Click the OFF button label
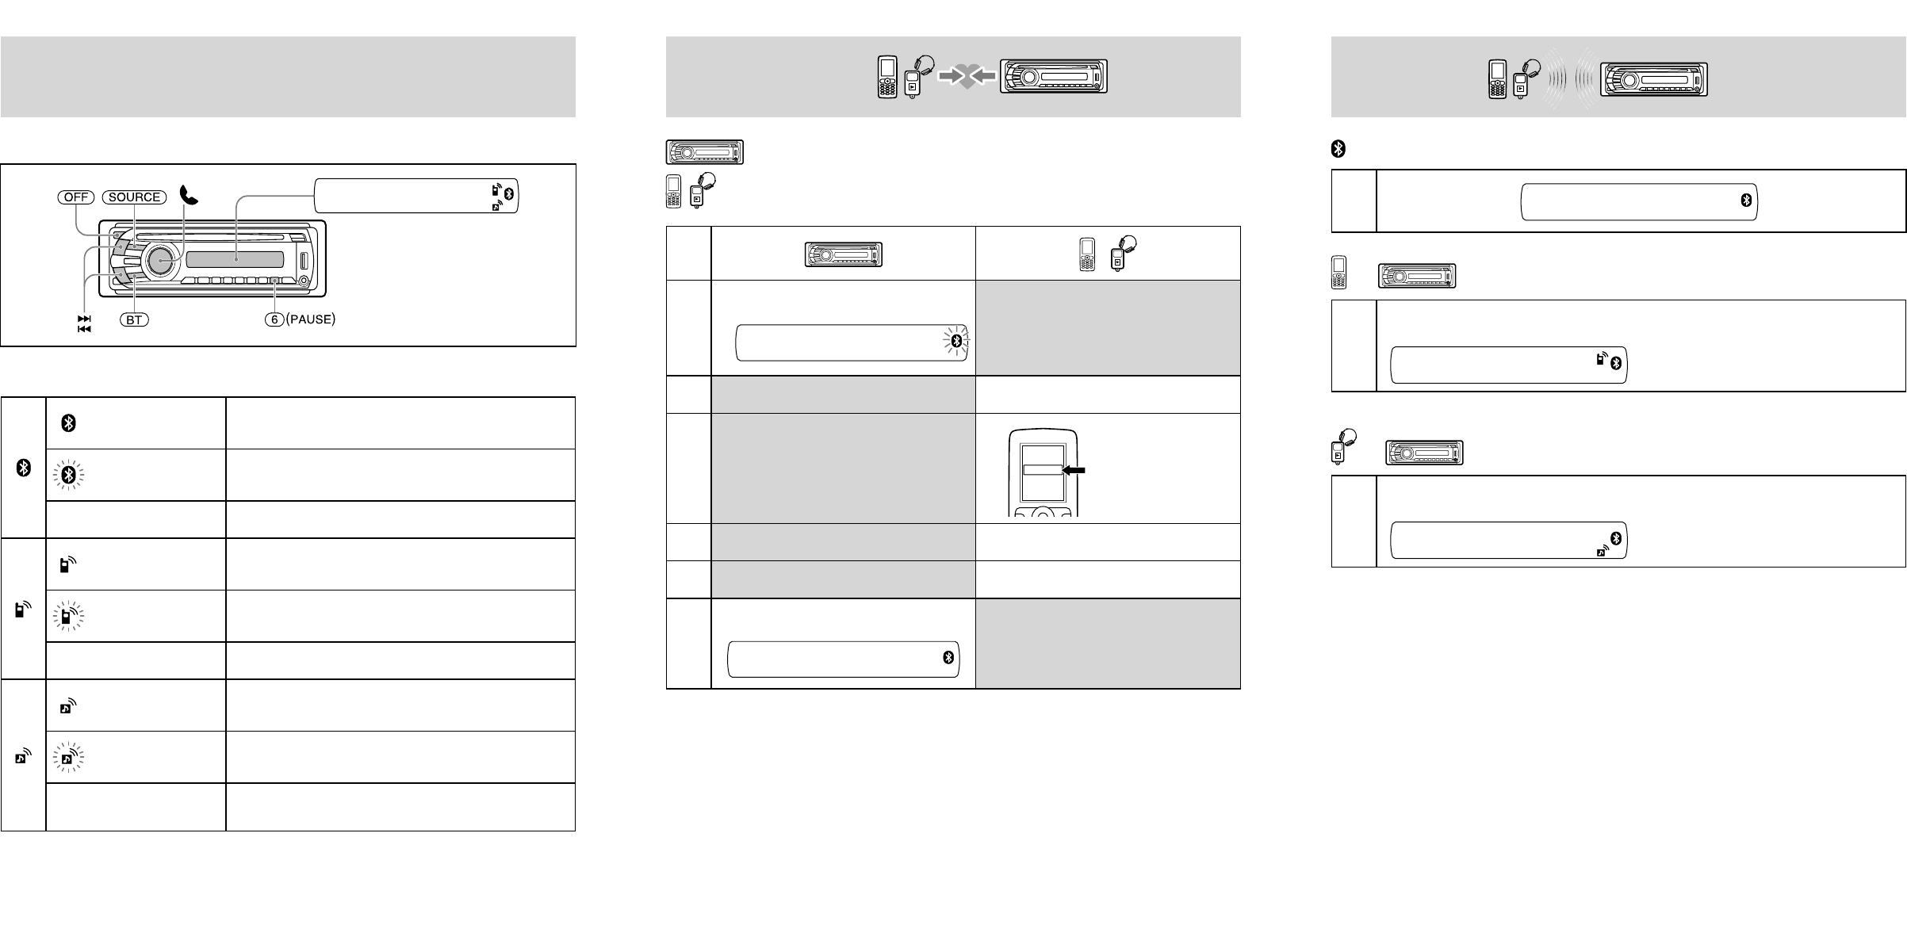coord(75,197)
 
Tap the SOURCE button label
coord(134,197)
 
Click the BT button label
coord(135,320)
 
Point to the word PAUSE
coord(312,320)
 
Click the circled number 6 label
coord(275,320)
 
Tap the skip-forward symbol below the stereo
coord(84,318)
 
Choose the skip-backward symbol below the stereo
coord(84,328)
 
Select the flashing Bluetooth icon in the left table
coord(70,476)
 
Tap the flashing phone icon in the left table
coord(68,616)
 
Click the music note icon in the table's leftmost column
coord(24,755)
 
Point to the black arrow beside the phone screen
coord(1073,470)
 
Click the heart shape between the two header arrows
coord(967,78)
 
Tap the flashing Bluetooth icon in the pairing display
coord(956,341)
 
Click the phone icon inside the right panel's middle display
coord(1602,359)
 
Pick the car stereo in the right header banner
coord(1653,79)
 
